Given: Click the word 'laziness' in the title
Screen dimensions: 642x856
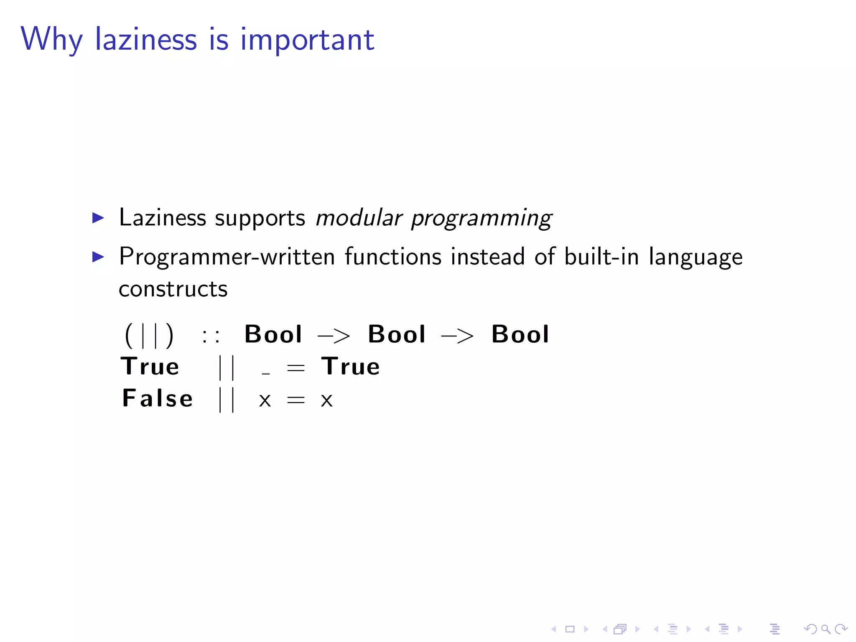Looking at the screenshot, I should [x=145, y=39].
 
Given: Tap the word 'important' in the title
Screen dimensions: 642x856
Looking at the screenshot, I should [x=307, y=41].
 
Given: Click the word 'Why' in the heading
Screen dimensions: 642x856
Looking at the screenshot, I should [x=51, y=39].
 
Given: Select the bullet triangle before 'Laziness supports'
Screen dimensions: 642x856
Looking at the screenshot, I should [x=98, y=218].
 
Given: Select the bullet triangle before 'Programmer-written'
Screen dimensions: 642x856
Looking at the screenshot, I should [x=98, y=257].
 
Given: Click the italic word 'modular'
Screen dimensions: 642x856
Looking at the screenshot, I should [x=359, y=218].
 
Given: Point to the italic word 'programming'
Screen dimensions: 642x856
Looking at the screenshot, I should [x=481, y=219].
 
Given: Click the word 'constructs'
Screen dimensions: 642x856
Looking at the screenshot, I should [x=173, y=289].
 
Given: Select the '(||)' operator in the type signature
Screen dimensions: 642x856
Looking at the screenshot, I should [x=149, y=335].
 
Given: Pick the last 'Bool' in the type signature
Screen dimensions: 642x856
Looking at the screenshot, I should [x=520, y=334].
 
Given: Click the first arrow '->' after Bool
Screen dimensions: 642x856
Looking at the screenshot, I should [x=334, y=336].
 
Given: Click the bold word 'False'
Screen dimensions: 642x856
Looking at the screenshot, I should [x=157, y=398].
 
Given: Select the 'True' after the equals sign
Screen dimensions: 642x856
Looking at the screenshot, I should [x=350, y=367].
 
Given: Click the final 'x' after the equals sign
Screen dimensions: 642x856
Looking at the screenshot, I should [x=326, y=400].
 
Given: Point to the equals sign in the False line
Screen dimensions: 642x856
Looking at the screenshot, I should [x=296, y=400].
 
